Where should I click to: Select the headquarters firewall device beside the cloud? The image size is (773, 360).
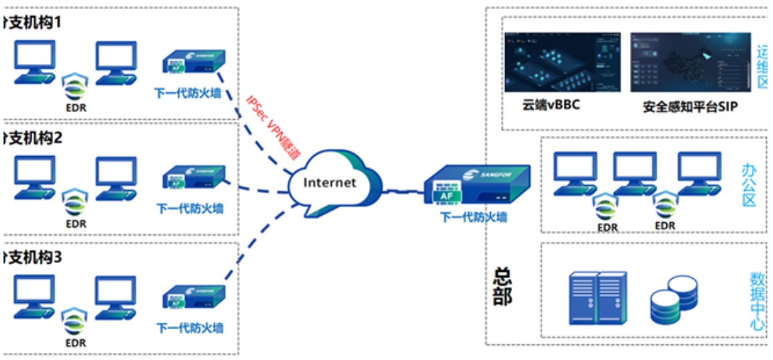pyautogui.click(x=475, y=188)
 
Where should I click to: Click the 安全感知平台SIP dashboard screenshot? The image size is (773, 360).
pyautogui.click(x=690, y=62)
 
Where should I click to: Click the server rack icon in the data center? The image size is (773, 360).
pyautogui.click(x=598, y=298)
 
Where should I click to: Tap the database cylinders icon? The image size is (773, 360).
pyautogui.click(x=674, y=301)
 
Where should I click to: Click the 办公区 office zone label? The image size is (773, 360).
pyautogui.click(x=749, y=185)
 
